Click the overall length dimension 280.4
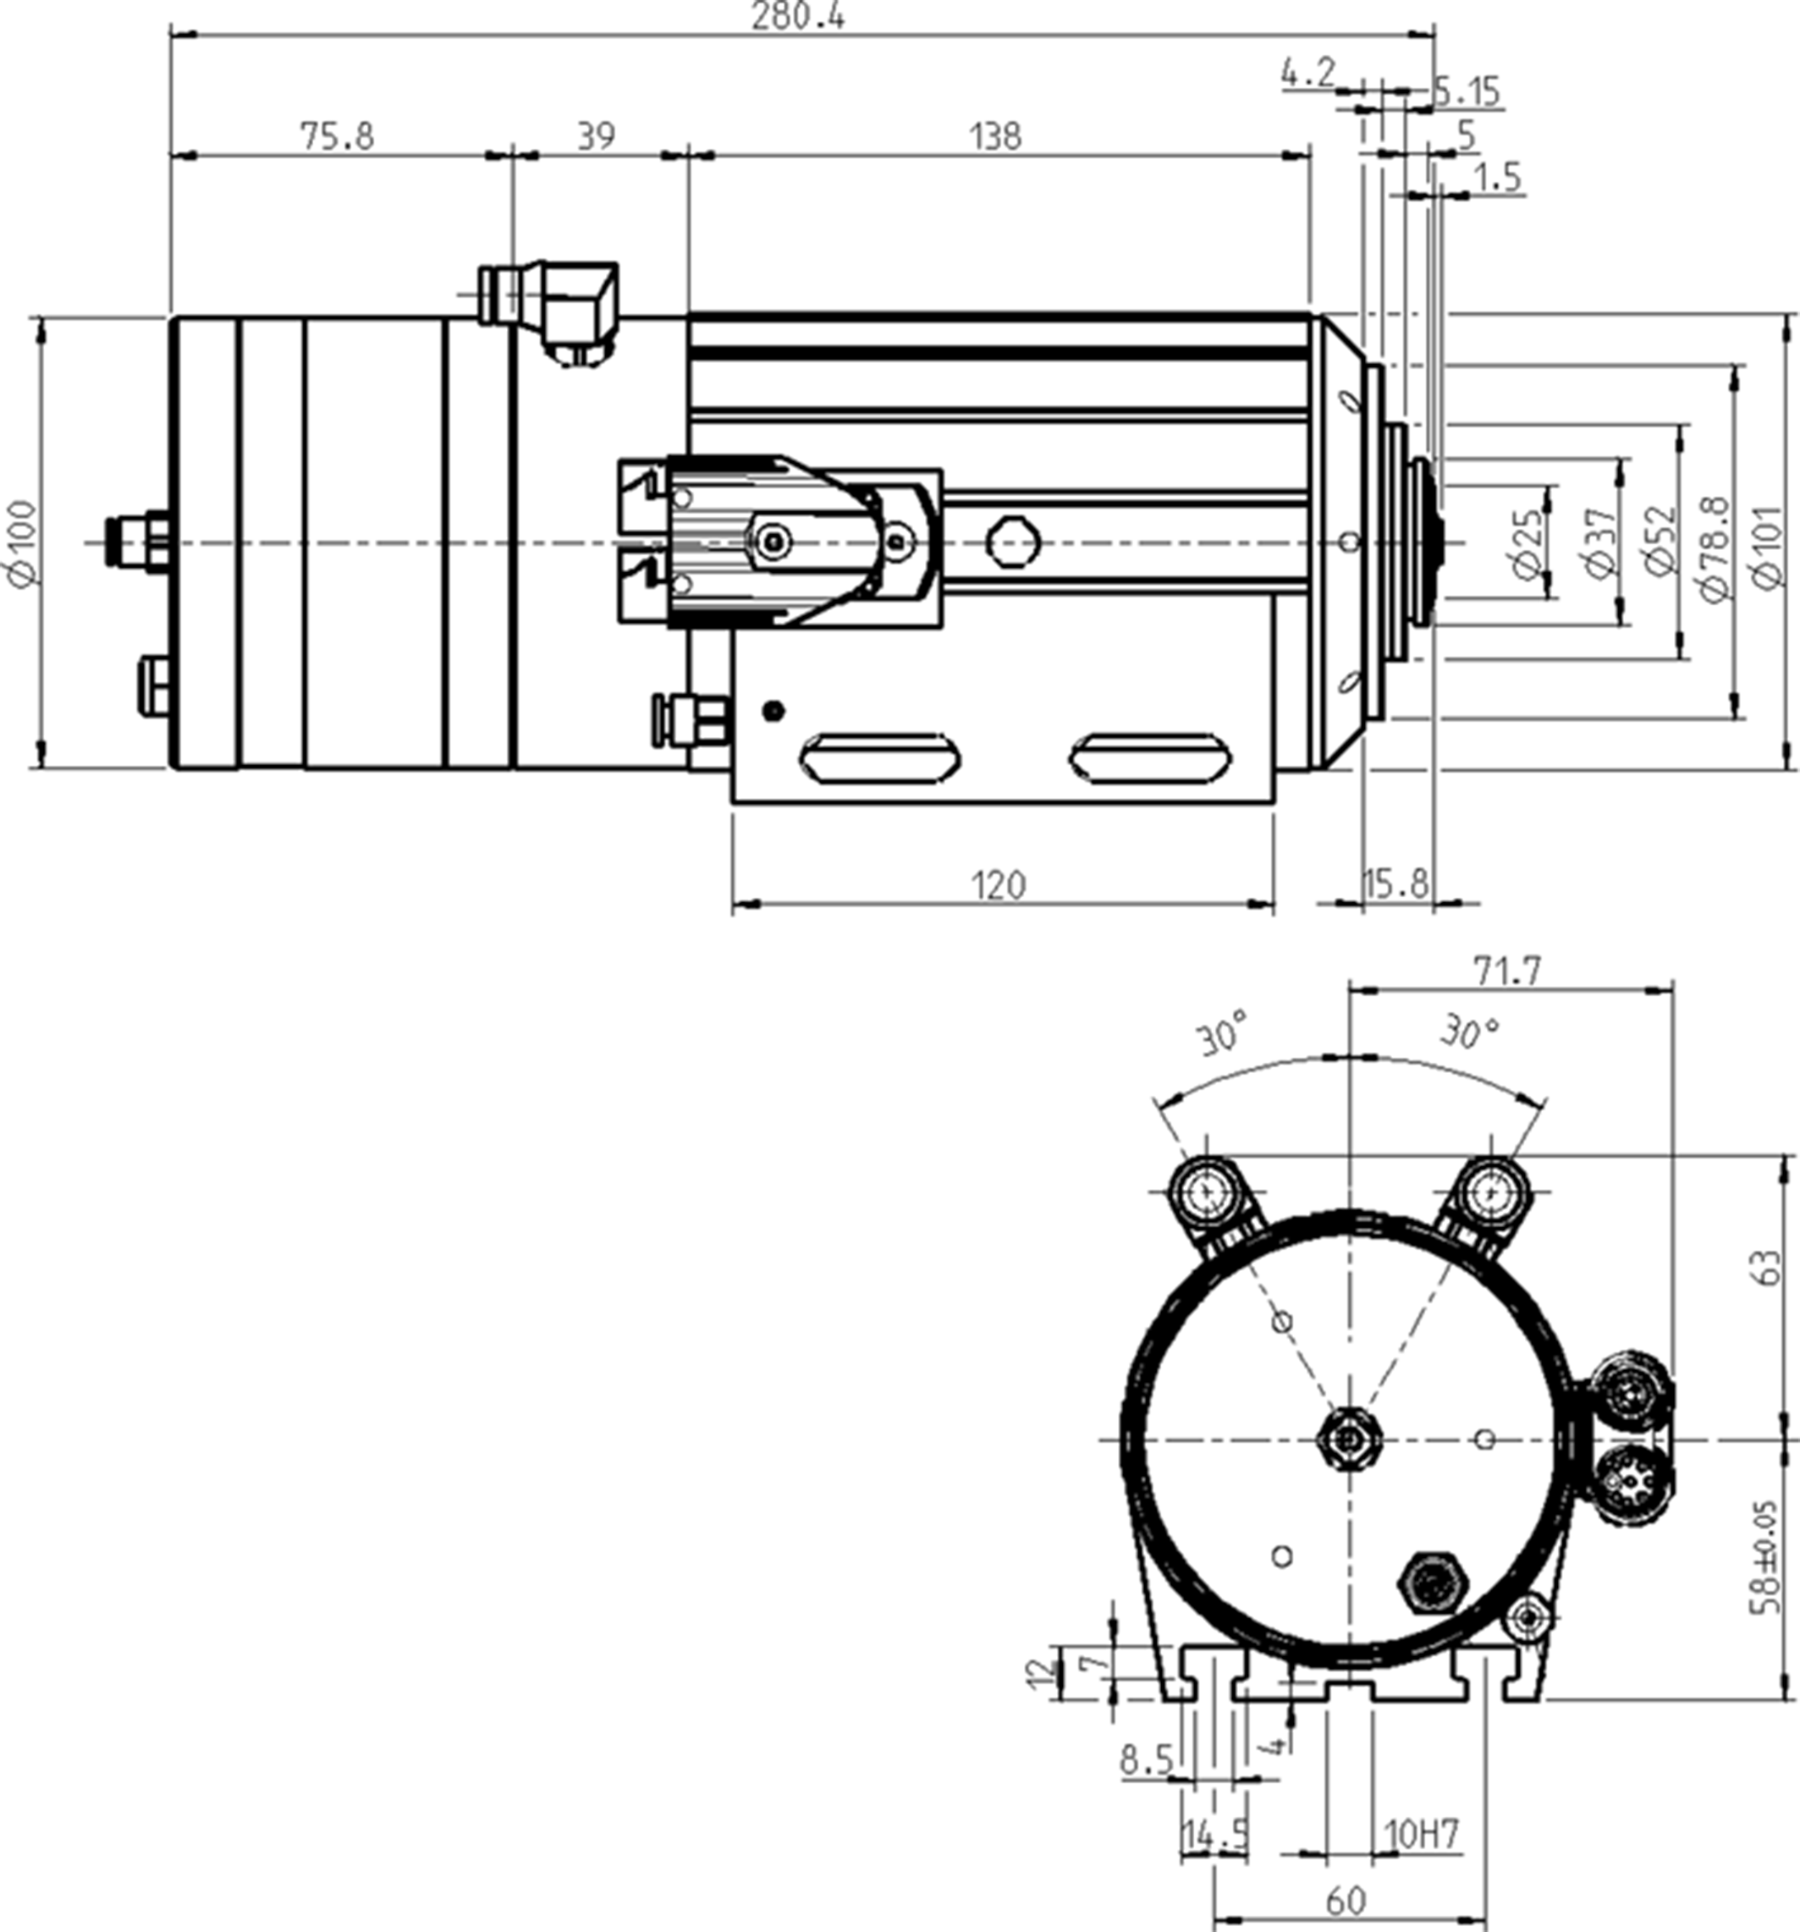[798, 17]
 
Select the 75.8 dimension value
[335, 136]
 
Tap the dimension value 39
[595, 136]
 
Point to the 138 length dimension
[995, 136]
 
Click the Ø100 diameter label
[21, 543]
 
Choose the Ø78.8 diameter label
[1715, 549]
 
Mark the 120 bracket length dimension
[998, 885]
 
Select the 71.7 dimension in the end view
[1507, 971]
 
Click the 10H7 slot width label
[1422, 1835]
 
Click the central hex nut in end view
[1349, 1439]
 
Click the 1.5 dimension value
[1497, 177]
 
